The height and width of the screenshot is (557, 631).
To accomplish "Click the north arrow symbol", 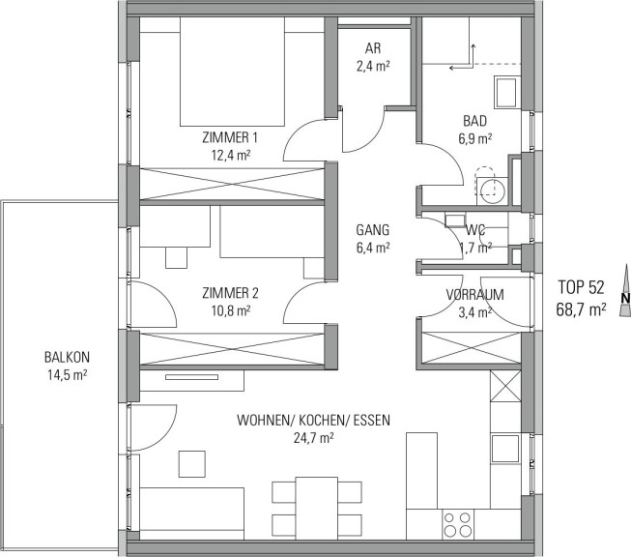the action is [625, 290].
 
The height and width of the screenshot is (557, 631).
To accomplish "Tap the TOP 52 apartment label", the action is [581, 287].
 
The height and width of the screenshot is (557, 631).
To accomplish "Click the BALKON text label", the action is [68, 357].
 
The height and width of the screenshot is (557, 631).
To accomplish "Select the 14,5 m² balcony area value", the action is [68, 375].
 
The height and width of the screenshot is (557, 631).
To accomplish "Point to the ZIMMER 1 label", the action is [230, 137].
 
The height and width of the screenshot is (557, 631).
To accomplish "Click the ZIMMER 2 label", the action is [231, 293].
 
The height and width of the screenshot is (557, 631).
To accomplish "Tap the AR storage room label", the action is [373, 48].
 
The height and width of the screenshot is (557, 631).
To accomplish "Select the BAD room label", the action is [474, 121].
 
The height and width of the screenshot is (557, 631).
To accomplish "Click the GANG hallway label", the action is [373, 229].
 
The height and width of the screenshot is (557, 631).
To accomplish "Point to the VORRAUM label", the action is [474, 294].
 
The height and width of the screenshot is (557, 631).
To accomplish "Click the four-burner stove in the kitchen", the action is [458, 524].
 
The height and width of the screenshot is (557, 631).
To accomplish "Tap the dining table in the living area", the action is [317, 509].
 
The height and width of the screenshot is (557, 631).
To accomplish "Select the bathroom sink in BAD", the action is [505, 92].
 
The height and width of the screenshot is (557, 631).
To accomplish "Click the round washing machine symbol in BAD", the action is [492, 188].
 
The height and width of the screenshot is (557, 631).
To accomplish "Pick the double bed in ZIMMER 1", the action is [232, 72].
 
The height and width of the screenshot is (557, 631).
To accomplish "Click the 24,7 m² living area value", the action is [313, 438].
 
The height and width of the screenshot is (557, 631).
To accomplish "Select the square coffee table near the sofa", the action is [192, 464].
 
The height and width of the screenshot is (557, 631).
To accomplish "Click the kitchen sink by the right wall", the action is [505, 449].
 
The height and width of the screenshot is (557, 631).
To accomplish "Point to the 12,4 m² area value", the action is [231, 155].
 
